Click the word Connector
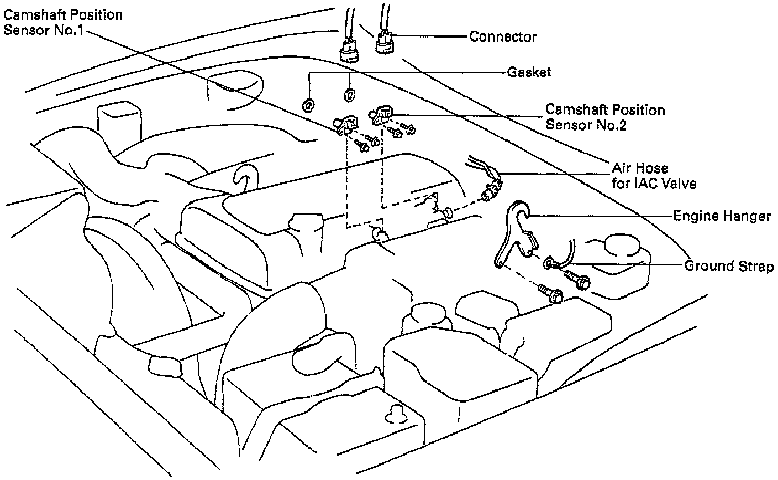[x=503, y=37]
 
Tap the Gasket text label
[x=529, y=72]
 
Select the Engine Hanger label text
[x=722, y=216]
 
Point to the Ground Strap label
[x=729, y=266]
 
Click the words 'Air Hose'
[x=640, y=168]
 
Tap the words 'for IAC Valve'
[x=654, y=183]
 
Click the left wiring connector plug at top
[x=348, y=50]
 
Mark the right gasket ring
[x=349, y=95]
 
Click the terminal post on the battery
[x=396, y=413]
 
